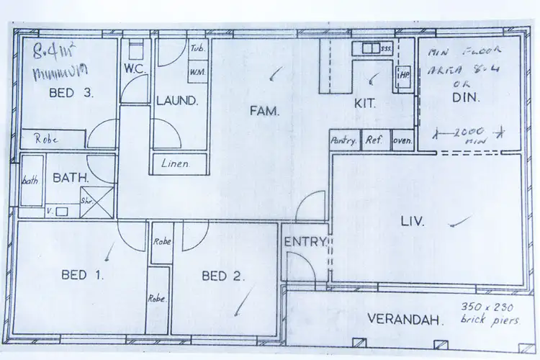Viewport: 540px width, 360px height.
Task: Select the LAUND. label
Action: pos(176,101)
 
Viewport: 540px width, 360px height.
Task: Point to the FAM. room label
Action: pos(264,110)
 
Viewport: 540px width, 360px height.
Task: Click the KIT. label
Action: pos(365,103)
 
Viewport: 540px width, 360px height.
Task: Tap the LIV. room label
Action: pos(413,221)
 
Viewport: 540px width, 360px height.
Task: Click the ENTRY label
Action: pos(305,242)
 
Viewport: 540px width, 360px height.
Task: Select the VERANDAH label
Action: pos(404,319)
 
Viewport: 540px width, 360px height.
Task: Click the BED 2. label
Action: pos(224,275)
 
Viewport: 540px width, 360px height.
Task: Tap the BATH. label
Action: pos(68,176)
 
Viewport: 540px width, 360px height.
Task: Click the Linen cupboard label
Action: pos(176,164)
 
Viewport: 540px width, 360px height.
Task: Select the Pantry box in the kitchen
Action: pos(343,141)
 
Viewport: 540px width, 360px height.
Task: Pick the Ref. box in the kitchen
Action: pos(374,141)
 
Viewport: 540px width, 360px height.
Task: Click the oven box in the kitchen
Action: pos(402,141)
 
